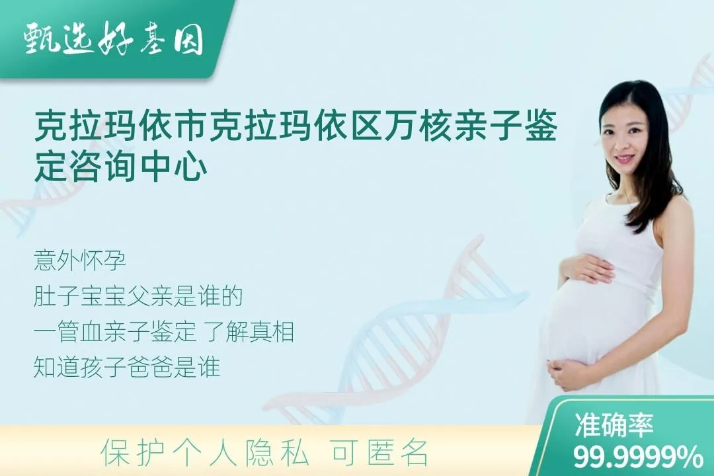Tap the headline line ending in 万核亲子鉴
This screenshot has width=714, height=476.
point(295,126)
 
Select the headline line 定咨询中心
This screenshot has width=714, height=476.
point(120,167)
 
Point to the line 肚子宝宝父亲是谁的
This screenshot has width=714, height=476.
point(138,297)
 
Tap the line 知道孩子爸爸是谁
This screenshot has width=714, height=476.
point(126,368)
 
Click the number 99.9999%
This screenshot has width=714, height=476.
point(638,457)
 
